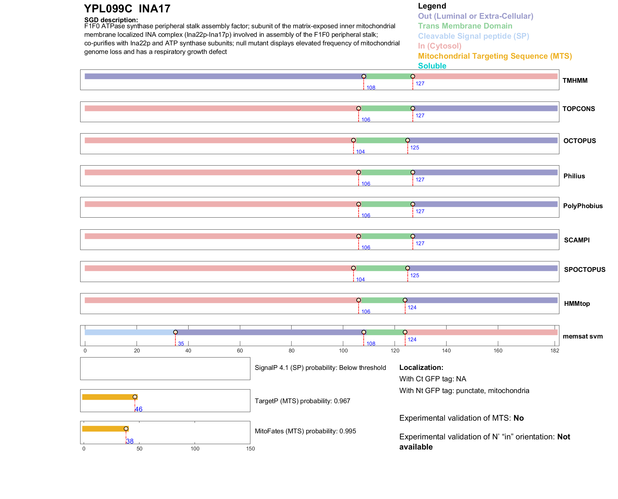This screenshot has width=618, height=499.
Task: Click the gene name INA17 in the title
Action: pos(154,9)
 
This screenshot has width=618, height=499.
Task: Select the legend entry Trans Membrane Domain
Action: pos(465,26)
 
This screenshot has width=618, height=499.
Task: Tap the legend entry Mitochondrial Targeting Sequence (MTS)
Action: pos(495,56)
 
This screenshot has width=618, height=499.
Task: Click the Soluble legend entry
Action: pos(432,66)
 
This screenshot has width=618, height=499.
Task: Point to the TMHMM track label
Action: pos(575,81)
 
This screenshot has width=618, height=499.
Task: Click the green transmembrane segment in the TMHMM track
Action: pos(388,76)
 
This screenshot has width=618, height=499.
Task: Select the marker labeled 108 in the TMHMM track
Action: pos(364,76)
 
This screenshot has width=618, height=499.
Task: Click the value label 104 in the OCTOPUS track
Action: pos(360,152)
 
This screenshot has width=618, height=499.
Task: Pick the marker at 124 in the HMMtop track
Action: pos(405,300)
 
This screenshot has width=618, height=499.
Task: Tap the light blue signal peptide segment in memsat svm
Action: pos(130,332)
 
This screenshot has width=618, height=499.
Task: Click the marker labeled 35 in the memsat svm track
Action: pos(176,332)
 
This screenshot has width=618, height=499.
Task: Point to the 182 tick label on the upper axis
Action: pos(555,351)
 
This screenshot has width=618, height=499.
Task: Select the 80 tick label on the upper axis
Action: pos(292,351)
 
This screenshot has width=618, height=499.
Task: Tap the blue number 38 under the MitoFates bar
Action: pos(130,441)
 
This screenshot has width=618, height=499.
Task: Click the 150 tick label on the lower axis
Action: pos(250,449)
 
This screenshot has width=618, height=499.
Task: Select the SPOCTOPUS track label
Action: pos(585,270)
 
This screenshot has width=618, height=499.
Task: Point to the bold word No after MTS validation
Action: pos(518,418)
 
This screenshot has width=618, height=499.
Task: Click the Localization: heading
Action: pos(421,368)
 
